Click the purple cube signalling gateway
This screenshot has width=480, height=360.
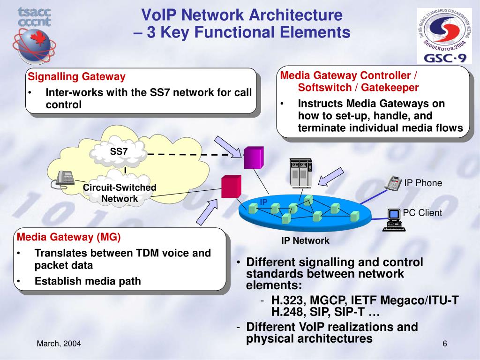pyautogui.click(x=254, y=157)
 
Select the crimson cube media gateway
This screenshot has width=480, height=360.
pyautogui.click(x=232, y=187)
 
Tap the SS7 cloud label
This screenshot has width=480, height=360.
pyautogui.click(x=119, y=151)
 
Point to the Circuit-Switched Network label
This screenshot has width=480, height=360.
pyautogui.click(x=120, y=193)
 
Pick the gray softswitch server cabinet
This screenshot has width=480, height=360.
pyautogui.click(x=300, y=173)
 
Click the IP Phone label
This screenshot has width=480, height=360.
pyautogui.click(x=423, y=183)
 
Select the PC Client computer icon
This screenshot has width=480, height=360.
pyautogui.click(x=394, y=220)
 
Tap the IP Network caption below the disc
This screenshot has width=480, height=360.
pyautogui.click(x=305, y=240)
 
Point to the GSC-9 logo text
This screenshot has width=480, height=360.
pyautogui.click(x=445, y=58)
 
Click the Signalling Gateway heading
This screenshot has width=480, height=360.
pyautogui.click(x=76, y=76)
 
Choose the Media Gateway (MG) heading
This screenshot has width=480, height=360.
pyautogui.click(x=68, y=237)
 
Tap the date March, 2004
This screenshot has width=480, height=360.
pyautogui.click(x=59, y=344)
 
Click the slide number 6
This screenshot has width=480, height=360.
pyautogui.click(x=445, y=344)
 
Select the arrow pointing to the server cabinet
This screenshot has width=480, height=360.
pyautogui.click(x=330, y=177)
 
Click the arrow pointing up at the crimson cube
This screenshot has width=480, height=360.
pyautogui.click(x=207, y=212)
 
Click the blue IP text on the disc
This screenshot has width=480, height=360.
pyautogui.click(x=263, y=202)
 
